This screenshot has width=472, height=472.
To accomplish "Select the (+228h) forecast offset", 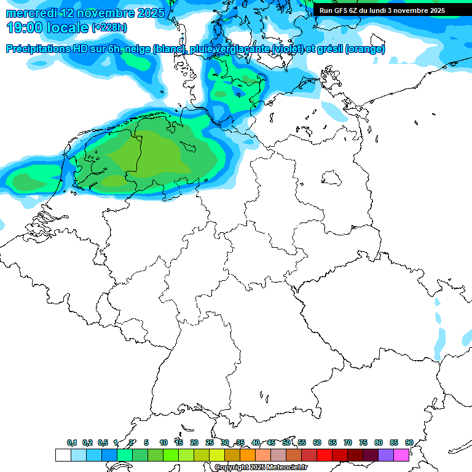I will click(x=109, y=28).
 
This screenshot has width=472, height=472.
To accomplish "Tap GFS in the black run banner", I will click(x=341, y=10).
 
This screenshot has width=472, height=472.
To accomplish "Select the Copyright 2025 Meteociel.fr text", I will click(x=261, y=468).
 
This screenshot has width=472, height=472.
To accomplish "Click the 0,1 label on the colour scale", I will click(x=72, y=443).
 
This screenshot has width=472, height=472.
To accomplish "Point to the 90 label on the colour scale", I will click(x=409, y=443).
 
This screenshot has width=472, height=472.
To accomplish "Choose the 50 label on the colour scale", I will click(x=286, y=443).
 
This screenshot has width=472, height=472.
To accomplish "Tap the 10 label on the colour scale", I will click(x=163, y=443).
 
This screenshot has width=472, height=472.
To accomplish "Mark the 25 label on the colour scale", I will click(x=210, y=443).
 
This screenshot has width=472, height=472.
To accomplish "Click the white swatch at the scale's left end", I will click(x=63, y=455).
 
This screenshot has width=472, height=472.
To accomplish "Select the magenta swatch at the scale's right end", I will click(x=401, y=455).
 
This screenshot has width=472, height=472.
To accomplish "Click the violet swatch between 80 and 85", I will click(x=386, y=455).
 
